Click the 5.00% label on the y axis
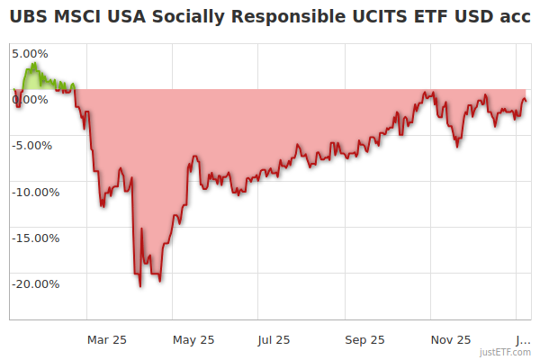tap(31, 52)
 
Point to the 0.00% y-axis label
tap(31, 98)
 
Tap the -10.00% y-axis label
tap(34, 192)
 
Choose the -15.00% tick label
tap(34, 238)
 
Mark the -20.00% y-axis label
tap(34, 283)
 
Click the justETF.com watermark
tap(505, 353)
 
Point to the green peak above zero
tap(32, 64)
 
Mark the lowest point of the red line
tap(140, 286)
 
